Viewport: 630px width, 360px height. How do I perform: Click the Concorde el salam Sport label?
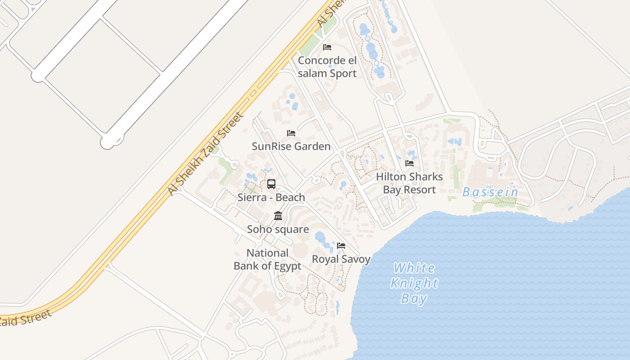[x=327, y=67]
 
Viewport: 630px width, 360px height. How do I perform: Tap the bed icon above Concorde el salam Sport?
[x=327, y=47]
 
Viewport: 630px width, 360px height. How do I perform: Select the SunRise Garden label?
[x=291, y=146]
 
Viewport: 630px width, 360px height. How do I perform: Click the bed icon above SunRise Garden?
[x=291, y=133]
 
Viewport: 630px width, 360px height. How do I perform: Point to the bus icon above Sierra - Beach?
[x=271, y=184]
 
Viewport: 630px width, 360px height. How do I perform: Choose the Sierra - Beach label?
[x=271, y=197]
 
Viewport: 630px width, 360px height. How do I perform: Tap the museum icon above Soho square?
[x=278, y=216]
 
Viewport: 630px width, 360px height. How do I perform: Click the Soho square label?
[x=278, y=229]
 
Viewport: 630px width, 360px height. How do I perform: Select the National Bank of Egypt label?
[x=267, y=259]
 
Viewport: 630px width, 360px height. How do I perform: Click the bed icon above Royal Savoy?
[x=341, y=246]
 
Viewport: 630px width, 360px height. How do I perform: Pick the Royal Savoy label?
[x=341, y=259]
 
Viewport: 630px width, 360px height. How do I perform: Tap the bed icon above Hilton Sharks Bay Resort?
[x=409, y=163]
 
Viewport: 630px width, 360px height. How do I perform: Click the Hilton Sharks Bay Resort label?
[x=409, y=183]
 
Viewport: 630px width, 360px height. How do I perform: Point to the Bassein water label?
[x=490, y=193]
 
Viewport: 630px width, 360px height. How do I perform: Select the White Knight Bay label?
[x=414, y=283]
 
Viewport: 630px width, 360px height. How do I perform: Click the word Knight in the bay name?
[x=414, y=283]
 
